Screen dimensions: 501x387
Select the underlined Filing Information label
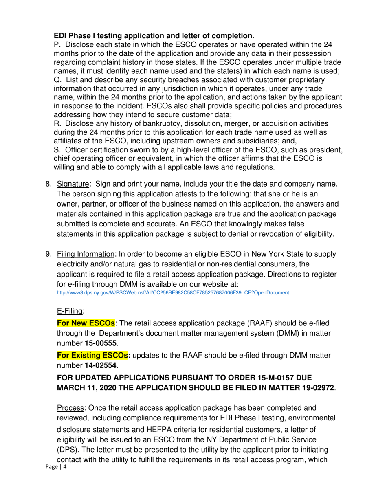[x=86, y=254]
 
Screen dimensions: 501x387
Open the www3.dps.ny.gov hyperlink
[x=149, y=292]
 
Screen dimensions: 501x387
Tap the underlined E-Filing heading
[x=70, y=311]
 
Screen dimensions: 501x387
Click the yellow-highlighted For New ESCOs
[x=86, y=323]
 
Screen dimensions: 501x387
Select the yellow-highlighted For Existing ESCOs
[x=93, y=356]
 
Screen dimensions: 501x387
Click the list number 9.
[x=48, y=254]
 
